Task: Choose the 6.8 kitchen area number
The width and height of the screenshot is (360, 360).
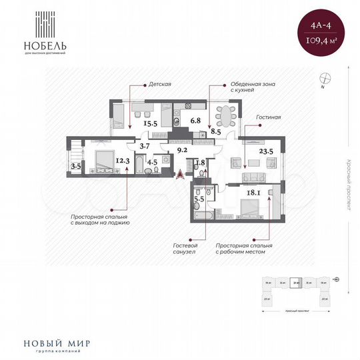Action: tap(195, 121)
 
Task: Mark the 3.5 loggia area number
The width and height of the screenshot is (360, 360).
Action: tap(75, 165)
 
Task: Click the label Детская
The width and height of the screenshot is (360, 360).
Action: tap(161, 85)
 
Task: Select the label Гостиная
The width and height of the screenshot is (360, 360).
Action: tap(268, 117)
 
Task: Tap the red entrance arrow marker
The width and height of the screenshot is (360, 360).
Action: tap(179, 174)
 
